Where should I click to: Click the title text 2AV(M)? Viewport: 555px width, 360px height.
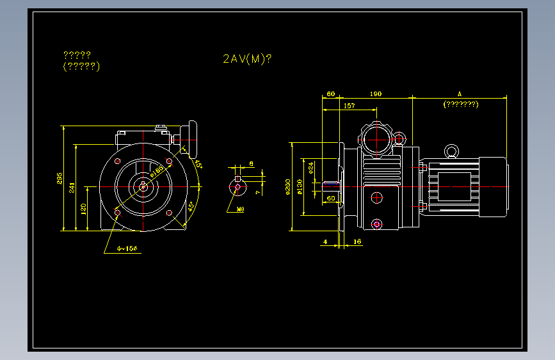tap(247, 59)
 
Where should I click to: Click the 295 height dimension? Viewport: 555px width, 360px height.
tap(60, 177)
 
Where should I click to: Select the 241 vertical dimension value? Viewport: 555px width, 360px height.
tap(72, 187)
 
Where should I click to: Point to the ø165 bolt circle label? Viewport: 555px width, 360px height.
tap(157, 170)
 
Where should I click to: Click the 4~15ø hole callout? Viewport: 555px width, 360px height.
tap(127, 248)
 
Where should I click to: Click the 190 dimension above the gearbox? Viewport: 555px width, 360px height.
tap(376, 94)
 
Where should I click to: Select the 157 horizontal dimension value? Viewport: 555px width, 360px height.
tap(350, 106)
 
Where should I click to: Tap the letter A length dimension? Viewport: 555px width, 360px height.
tap(460, 94)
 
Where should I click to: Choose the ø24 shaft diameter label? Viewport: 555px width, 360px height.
tap(311, 168)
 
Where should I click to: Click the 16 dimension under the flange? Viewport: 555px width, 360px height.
tap(357, 242)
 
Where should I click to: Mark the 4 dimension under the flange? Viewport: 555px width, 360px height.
tap(326, 242)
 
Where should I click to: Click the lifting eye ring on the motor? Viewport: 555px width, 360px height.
tap(453, 151)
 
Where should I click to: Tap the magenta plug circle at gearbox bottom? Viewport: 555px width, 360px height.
tap(376, 224)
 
